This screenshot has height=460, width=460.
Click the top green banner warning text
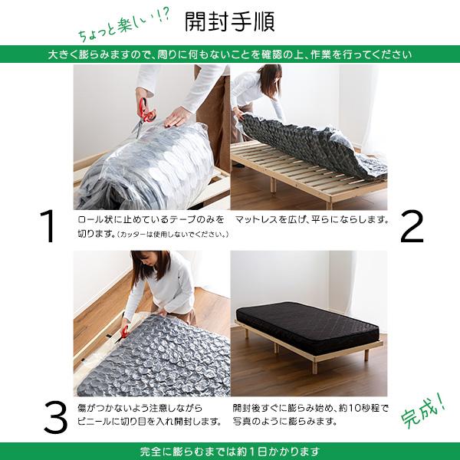tap(230, 55)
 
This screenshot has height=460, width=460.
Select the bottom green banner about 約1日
tap(230, 451)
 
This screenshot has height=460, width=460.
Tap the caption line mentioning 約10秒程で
tap(311, 408)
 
